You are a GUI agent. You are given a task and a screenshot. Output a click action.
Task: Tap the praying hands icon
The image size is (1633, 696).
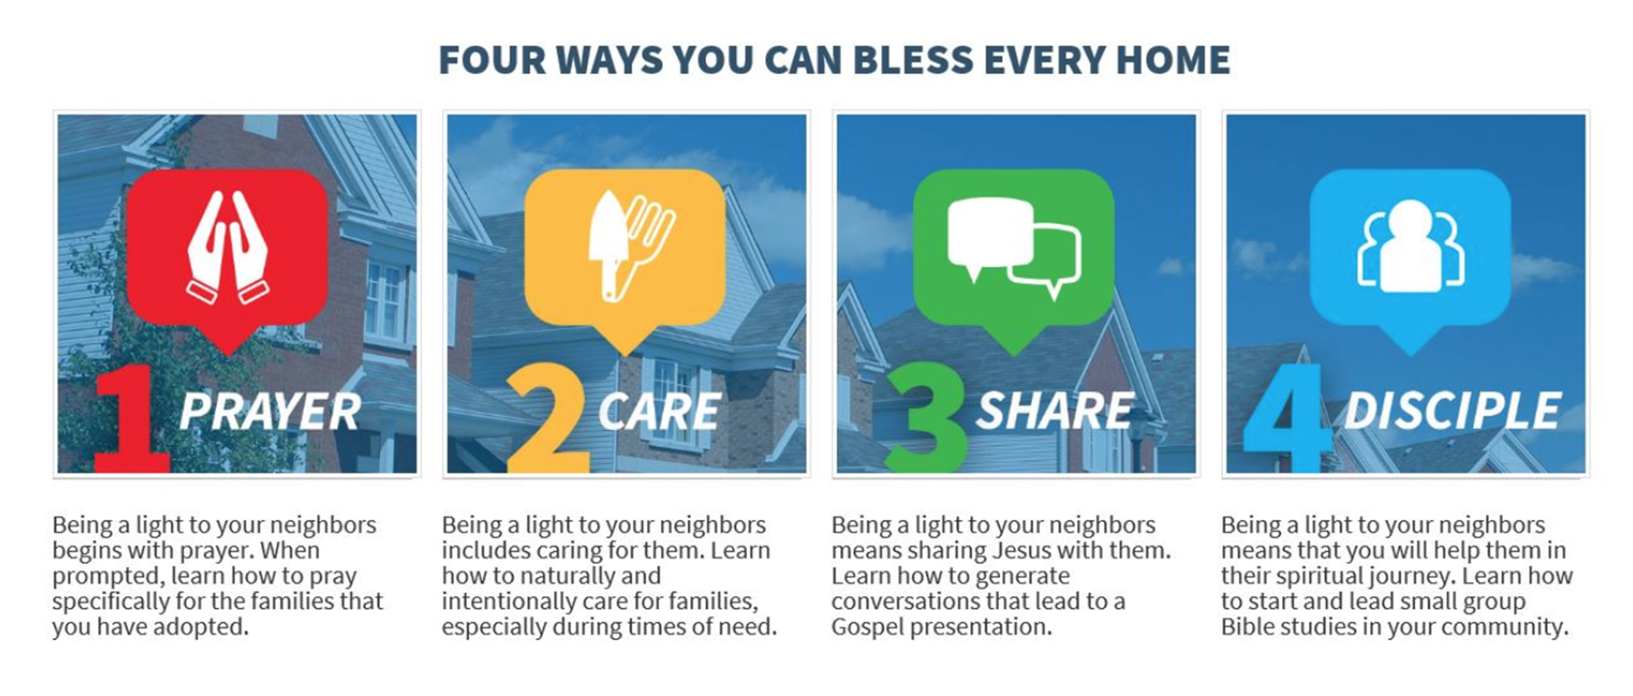pos(228,247)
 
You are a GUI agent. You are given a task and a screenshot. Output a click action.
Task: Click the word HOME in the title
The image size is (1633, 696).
pos(1173,60)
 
